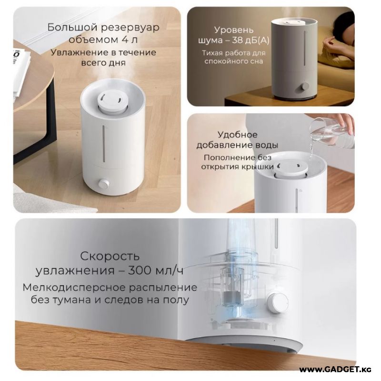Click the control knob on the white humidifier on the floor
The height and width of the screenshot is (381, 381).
[x=104, y=184]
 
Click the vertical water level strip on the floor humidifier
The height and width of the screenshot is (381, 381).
[x=104, y=144]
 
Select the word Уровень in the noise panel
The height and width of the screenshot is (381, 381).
[x=234, y=30]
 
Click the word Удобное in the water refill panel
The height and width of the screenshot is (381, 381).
[x=237, y=135]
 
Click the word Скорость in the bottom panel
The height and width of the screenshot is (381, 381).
[x=110, y=256]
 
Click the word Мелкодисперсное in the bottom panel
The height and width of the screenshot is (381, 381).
[x=74, y=288]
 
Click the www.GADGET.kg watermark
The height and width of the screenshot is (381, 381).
[x=335, y=370]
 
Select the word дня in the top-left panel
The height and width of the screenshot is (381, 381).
[x=117, y=63]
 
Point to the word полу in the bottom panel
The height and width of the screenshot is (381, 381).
[x=175, y=300]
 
